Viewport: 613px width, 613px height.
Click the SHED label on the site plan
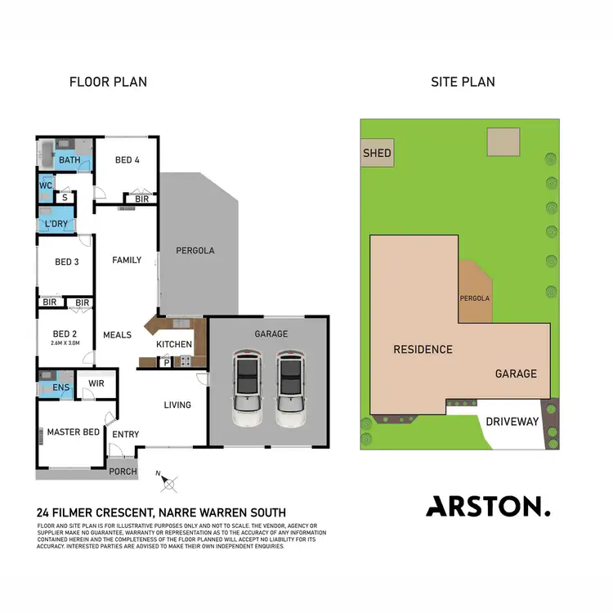coord(377,153)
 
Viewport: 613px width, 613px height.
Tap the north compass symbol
coord(170,483)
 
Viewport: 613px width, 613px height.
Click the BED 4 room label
coord(127,160)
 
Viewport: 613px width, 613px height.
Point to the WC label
coord(46,186)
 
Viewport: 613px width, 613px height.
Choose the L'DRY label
coord(56,223)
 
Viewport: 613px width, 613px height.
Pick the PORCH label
coord(124,472)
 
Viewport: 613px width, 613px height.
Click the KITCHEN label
coord(174,344)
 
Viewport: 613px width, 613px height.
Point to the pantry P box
coord(166,362)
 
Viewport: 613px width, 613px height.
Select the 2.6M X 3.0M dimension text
coord(65,344)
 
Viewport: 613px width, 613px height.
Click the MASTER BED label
coord(73,432)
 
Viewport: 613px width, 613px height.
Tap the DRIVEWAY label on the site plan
coord(512,422)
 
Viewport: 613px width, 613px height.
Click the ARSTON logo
coord(488,507)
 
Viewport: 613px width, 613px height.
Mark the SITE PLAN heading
coord(463,82)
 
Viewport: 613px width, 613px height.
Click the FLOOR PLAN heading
coord(108,82)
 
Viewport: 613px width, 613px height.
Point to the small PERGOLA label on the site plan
coord(476,298)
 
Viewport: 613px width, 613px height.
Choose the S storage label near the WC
coord(64,196)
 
